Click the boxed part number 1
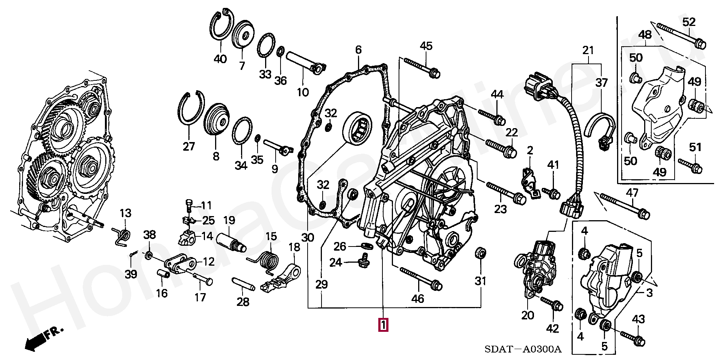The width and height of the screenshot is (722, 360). point(383,325)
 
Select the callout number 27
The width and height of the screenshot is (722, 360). point(189,146)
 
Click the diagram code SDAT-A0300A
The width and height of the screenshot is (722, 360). point(523,349)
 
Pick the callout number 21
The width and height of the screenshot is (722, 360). point(588,50)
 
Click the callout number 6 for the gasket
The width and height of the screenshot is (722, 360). point(358,50)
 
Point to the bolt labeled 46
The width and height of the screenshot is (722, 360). point(420,279)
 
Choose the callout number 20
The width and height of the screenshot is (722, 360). point(528,315)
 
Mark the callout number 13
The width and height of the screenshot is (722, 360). point(126,213)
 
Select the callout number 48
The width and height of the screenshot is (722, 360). point(645,35)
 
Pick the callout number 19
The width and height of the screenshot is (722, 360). point(229,221)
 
